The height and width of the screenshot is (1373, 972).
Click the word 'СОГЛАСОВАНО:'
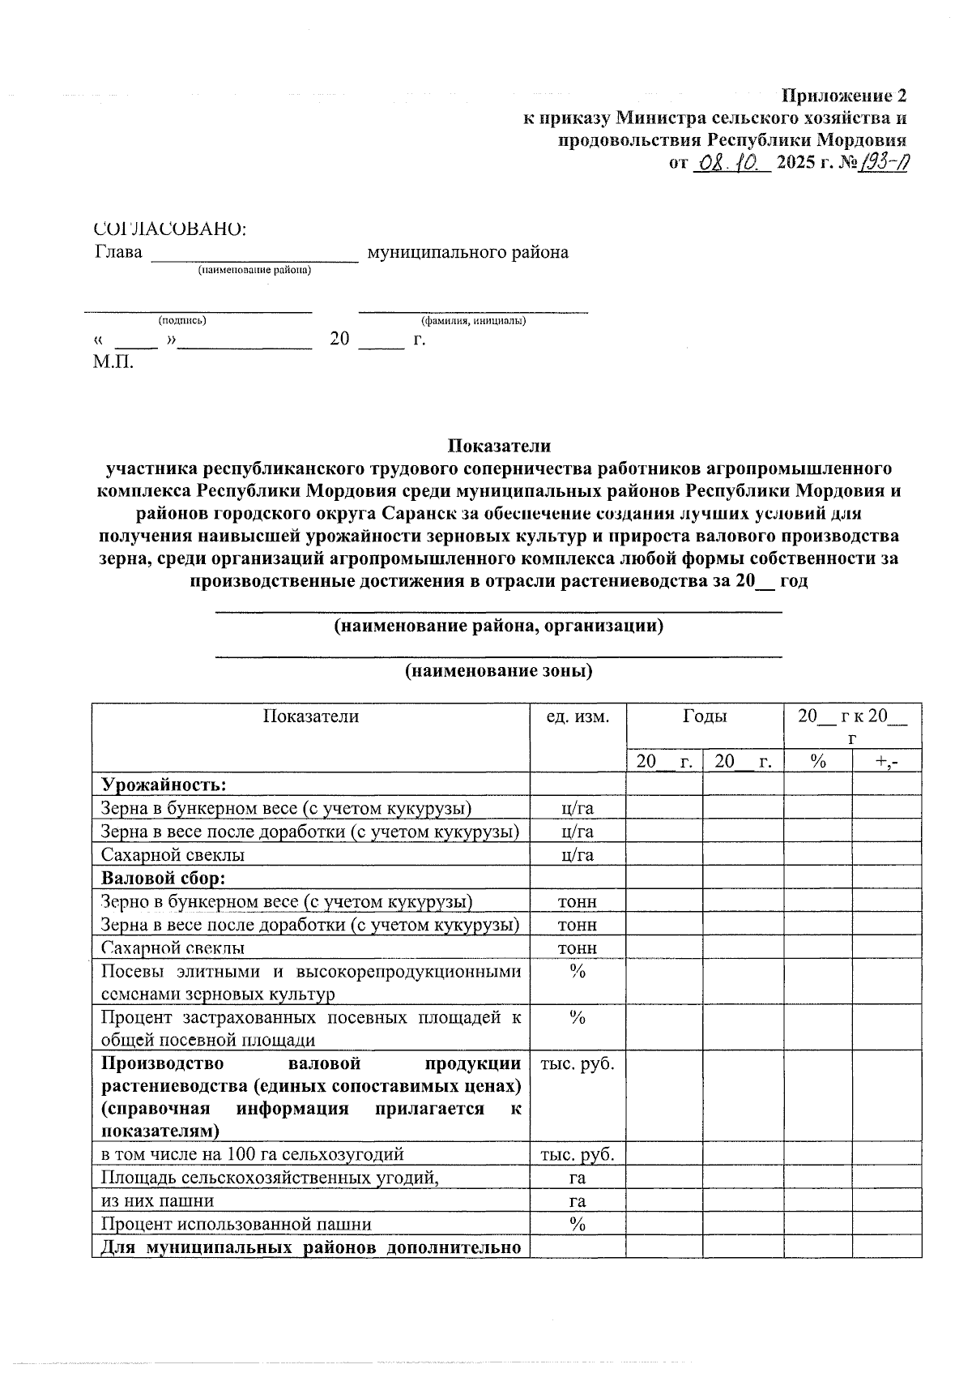[170, 229]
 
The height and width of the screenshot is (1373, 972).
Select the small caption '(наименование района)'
[255, 271]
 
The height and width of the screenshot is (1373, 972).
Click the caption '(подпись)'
[182, 320]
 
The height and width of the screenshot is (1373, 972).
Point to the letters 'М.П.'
[113, 362]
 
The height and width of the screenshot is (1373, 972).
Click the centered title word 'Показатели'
[499, 446]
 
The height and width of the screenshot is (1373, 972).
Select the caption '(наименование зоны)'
[499, 671]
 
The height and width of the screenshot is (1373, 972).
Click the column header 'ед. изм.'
[577, 716]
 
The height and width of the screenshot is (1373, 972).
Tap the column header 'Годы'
[704, 716]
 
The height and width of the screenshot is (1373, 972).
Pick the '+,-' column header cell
[886, 762]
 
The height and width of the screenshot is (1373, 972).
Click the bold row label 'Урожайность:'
[163, 785]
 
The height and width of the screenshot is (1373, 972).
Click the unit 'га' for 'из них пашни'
[577, 1201]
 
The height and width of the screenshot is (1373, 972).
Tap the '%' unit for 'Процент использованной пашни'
[577, 1225]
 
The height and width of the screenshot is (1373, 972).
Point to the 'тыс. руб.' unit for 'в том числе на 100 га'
[577, 1154]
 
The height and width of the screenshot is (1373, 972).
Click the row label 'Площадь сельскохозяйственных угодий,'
[270, 1178]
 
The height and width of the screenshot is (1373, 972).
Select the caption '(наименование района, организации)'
[499, 627]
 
